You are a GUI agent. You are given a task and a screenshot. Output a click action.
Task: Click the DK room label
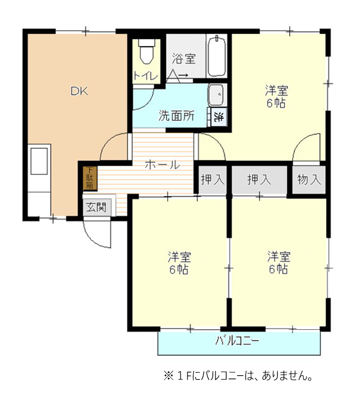coord(79,91)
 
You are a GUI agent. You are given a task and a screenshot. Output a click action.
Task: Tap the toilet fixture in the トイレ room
coord(147,51)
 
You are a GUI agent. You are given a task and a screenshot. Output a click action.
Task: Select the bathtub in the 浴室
coord(217,57)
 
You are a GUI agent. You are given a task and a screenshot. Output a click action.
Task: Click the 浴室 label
coord(183,58)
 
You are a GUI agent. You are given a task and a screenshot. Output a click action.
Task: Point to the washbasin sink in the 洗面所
coord(216,95)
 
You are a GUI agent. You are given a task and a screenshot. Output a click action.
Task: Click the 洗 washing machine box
coord(219,117)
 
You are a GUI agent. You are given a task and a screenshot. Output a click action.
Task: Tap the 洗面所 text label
coord(176,115)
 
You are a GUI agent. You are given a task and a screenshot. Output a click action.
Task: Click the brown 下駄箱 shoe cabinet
coord(90,178)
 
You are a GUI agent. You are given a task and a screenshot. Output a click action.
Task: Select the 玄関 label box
coord(97,207)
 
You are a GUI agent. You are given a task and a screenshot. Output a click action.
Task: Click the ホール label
coord(163,165)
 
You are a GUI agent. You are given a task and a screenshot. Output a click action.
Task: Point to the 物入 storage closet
coord(309,179)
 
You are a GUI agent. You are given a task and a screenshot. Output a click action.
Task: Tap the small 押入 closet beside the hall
coord(213,179)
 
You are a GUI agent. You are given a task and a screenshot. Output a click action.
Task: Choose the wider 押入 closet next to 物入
coord(259,179)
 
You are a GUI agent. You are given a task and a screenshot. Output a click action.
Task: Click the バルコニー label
coord(238,341)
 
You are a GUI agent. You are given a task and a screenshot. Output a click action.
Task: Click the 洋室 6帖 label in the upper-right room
coord(277,97)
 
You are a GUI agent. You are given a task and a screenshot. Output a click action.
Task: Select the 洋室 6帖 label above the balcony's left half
coord(179,263)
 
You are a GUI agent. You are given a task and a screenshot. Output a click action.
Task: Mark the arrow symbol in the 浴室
coord(184,75)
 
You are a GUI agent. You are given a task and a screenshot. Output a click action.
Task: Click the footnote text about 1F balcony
coord(238,376)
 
